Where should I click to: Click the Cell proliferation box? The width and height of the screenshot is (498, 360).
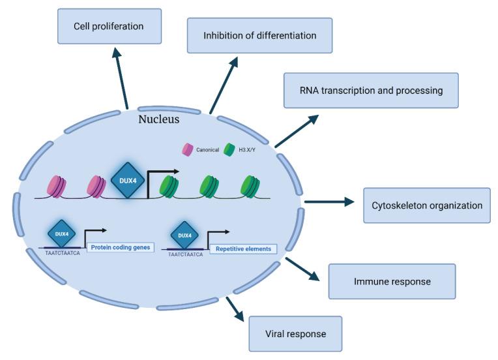pos(110,27)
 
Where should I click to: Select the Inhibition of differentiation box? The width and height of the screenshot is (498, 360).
pos(259,35)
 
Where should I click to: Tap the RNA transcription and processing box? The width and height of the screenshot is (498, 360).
pos(371,91)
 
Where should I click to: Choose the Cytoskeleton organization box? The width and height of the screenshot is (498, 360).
pos(426,205)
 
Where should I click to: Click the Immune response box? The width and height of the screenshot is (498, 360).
pos(392,282)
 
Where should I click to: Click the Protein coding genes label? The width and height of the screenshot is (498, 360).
pos(119,247)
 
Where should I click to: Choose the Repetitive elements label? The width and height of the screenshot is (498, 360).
pos(243,248)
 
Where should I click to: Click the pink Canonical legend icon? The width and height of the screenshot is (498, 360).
pos(188,149)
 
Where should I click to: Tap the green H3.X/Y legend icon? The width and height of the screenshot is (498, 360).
pos(229,149)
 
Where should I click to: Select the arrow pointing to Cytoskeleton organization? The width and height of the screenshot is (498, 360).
pos(329,202)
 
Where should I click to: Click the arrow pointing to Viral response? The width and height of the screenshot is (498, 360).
pos(235,309)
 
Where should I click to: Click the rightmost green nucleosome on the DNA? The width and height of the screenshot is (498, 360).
pos(250,186)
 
